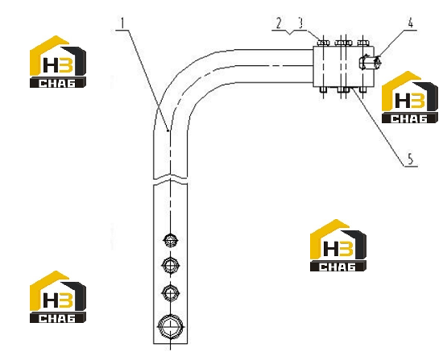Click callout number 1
point(122,23)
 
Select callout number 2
point(279,23)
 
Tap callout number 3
point(300,23)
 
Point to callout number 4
point(411,23)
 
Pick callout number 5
point(410,159)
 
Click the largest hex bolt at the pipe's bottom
point(170,326)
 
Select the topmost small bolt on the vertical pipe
point(171,241)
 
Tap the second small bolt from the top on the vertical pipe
point(171,265)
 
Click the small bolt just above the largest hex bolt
point(170,292)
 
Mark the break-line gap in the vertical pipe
point(171,181)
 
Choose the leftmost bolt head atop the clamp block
point(323,43)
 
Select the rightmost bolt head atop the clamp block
point(363,43)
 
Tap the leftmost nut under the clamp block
point(323,90)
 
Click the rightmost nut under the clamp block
point(363,90)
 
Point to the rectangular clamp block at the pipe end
point(344,66)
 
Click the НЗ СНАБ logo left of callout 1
point(58,61)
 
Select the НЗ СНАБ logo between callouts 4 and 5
point(410,97)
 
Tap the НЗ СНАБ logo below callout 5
point(338,246)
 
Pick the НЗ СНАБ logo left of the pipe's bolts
point(58,296)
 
